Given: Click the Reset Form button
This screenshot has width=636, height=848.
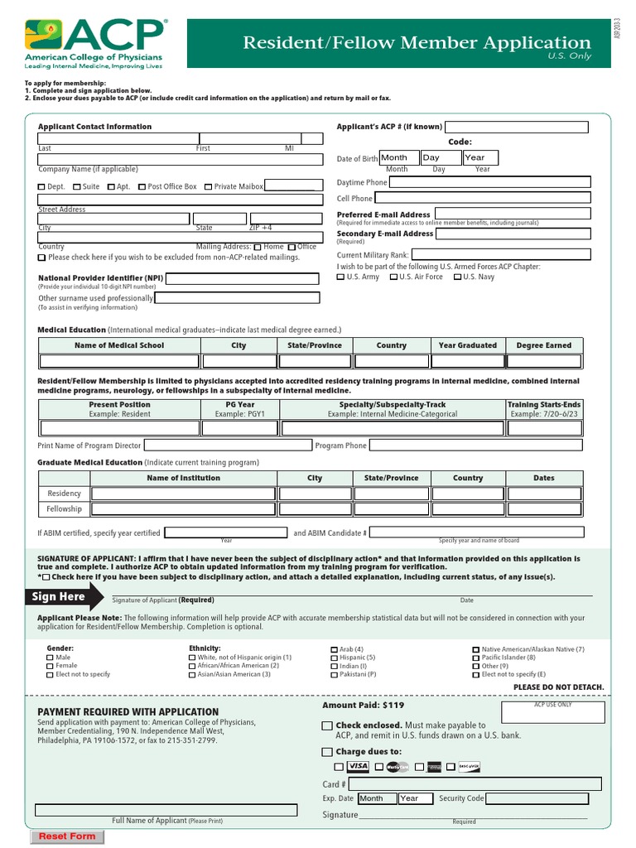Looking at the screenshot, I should [x=67, y=836].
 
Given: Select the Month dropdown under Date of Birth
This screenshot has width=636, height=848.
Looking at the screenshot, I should [x=398, y=157].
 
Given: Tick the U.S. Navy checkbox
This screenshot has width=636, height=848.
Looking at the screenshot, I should [x=457, y=277].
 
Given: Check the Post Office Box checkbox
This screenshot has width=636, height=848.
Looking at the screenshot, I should [x=142, y=187].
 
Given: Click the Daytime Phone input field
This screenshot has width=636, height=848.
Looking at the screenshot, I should [x=489, y=182].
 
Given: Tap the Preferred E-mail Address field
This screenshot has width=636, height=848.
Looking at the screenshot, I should [x=512, y=214].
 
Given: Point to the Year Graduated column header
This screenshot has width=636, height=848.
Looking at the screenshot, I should [x=467, y=345].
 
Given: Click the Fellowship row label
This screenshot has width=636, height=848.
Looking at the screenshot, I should [x=64, y=509].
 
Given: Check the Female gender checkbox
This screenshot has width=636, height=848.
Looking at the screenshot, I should [x=51, y=666].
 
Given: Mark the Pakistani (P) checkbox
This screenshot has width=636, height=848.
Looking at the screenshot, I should [x=334, y=675].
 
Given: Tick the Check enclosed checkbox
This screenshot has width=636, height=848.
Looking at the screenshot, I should [x=326, y=726].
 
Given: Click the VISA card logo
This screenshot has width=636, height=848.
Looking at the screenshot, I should [x=358, y=767].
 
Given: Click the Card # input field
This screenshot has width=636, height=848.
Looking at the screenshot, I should [x=475, y=783].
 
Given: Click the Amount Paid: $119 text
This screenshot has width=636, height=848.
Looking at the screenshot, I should [x=363, y=706].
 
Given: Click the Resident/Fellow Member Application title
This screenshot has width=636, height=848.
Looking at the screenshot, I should [x=417, y=43].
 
